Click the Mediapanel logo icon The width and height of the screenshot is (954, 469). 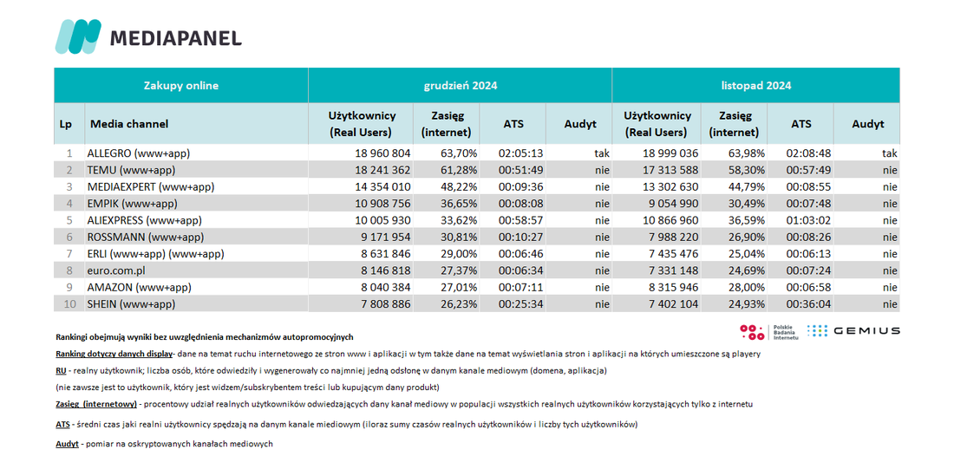(78, 36)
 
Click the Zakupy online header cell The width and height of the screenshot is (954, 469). (180, 86)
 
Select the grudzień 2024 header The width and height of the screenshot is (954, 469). (460, 86)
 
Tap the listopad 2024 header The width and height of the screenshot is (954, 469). (755, 86)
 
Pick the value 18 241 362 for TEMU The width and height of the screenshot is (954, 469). (382, 170)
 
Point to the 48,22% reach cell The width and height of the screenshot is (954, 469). (458, 186)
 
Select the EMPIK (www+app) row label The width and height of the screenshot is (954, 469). (132, 204)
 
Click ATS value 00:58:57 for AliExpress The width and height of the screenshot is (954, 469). (520, 220)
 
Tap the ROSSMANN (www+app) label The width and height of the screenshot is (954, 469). (146, 238)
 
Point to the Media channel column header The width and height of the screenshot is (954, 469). (129, 124)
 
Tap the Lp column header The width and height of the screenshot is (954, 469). (66, 124)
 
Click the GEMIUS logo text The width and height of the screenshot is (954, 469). (866, 331)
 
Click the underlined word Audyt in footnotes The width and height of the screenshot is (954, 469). (67, 444)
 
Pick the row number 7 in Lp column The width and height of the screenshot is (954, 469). (70, 254)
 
